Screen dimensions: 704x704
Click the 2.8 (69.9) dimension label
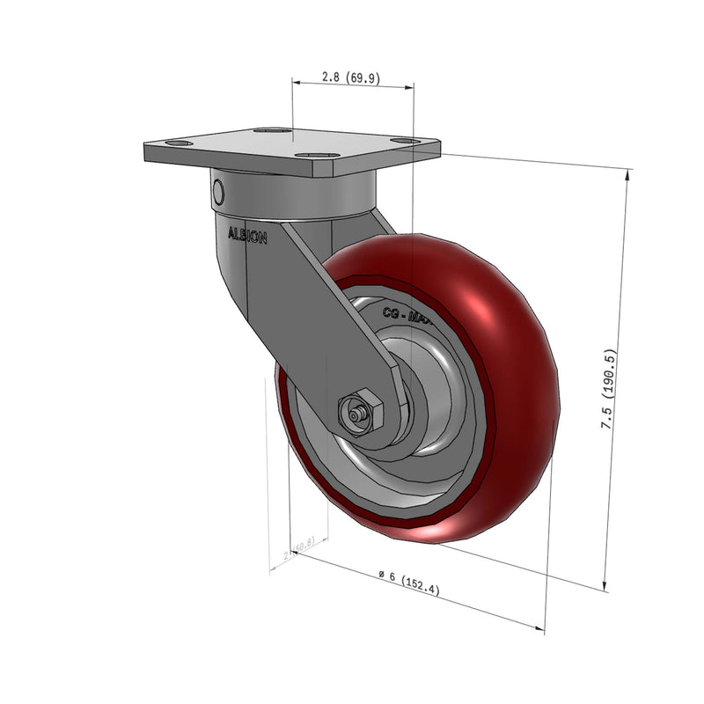[x=350, y=78]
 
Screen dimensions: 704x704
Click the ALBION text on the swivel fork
[x=247, y=236]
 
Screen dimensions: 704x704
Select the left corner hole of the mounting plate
[x=179, y=143]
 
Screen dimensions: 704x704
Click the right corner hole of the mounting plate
[x=404, y=141]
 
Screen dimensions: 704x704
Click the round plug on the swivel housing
[x=218, y=192]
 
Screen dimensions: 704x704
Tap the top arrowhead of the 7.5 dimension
[x=627, y=173]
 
